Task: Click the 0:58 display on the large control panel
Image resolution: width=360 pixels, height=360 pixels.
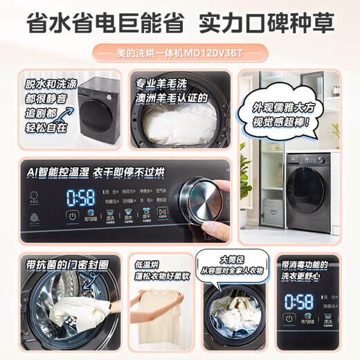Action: point(80,197)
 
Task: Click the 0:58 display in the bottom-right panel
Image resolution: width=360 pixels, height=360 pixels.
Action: point(298,300)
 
